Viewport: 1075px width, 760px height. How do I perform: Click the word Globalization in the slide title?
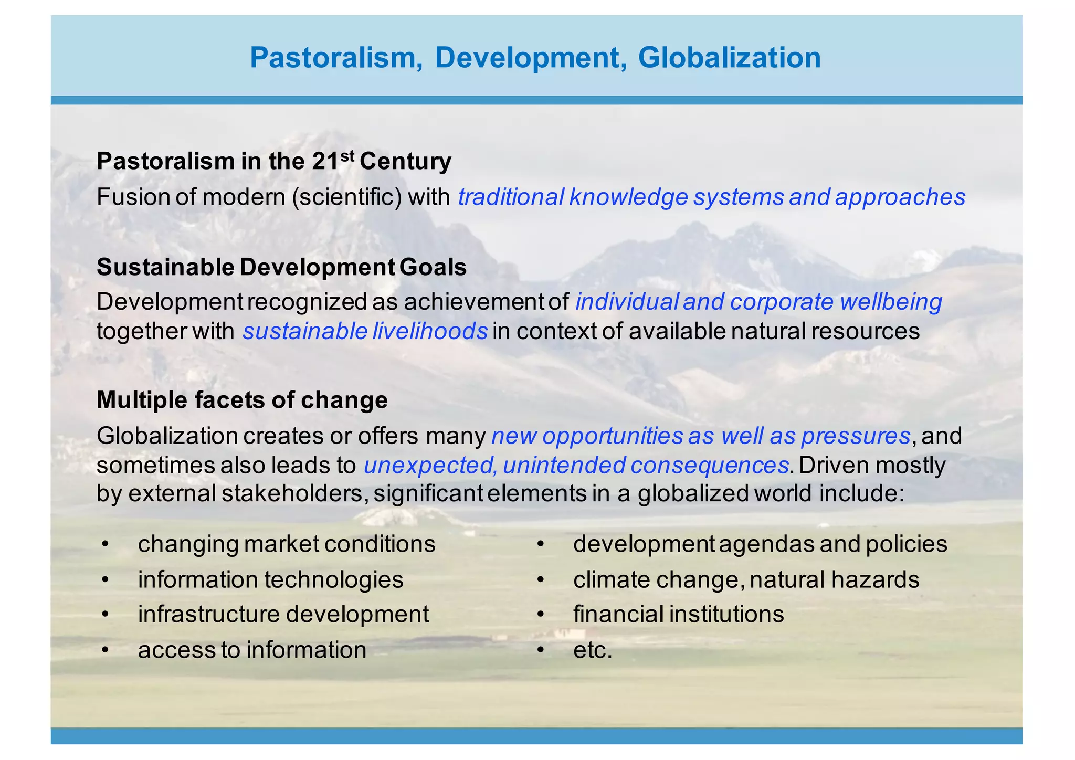pyautogui.click(x=729, y=58)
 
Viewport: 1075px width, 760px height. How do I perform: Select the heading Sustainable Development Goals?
pyautogui.click(x=281, y=267)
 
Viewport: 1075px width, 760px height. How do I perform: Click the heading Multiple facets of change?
pyautogui.click(x=242, y=400)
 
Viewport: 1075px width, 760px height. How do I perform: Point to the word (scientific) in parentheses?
pyautogui.click(x=347, y=197)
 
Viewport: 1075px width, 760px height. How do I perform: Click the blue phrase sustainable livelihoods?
pyautogui.click(x=365, y=331)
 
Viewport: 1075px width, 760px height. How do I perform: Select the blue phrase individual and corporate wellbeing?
pyautogui.click(x=758, y=302)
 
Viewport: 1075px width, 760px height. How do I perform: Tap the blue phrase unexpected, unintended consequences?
pyautogui.click(x=576, y=465)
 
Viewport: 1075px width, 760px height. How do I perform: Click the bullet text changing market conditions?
pyautogui.click(x=287, y=544)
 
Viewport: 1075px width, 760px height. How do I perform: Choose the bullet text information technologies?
pyautogui.click(x=270, y=579)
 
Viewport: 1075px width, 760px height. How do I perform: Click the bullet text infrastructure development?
pyautogui.click(x=283, y=614)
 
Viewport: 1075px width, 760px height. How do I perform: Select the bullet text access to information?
pyautogui.click(x=252, y=650)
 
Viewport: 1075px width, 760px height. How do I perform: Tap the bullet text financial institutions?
pyautogui.click(x=678, y=614)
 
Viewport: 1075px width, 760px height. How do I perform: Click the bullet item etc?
pyautogui.click(x=593, y=650)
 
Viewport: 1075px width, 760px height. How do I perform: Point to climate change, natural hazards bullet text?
pyautogui.click(x=746, y=579)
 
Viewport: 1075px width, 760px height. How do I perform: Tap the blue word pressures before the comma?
pyautogui.click(x=856, y=436)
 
